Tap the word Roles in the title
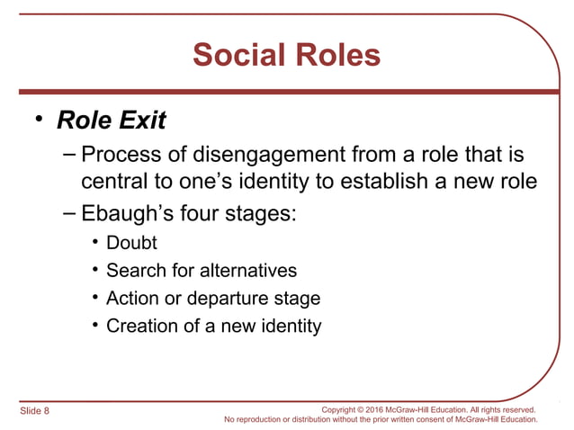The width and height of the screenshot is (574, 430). (x=334, y=56)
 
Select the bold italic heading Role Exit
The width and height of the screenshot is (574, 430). (x=112, y=120)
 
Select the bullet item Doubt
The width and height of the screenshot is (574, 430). (x=131, y=243)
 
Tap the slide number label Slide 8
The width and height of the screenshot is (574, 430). (x=34, y=410)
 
